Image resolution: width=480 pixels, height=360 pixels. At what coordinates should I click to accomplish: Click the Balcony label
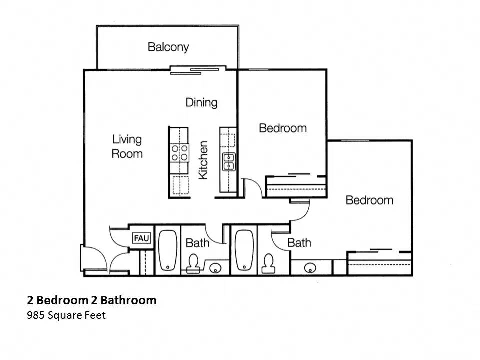pyautogui.click(x=168, y=47)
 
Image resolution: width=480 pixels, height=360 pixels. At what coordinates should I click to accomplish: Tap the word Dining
pyautogui.click(x=201, y=102)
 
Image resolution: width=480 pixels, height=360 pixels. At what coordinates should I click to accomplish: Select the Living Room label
pyautogui.click(x=127, y=146)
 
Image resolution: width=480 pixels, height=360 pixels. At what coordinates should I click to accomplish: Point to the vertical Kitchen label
pyautogui.click(x=203, y=160)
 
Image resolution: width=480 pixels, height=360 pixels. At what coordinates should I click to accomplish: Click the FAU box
pyautogui.click(x=141, y=238)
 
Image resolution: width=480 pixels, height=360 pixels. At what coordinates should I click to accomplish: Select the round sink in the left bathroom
pyautogui.click(x=215, y=268)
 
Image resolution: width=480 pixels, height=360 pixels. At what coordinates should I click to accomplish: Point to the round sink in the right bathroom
pyautogui.click(x=310, y=268)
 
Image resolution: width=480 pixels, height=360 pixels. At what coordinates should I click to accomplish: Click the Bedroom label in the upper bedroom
pyautogui.click(x=282, y=128)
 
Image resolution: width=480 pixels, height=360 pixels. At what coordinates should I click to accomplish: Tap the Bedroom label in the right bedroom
pyautogui.click(x=369, y=200)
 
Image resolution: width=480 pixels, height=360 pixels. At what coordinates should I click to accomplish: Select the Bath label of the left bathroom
pyautogui.click(x=197, y=243)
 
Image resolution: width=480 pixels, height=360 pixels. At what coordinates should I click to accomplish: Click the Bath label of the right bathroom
pyautogui.click(x=299, y=243)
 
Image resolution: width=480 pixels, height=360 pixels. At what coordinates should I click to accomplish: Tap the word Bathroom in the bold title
pyautogui.click(x=128, y=300)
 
